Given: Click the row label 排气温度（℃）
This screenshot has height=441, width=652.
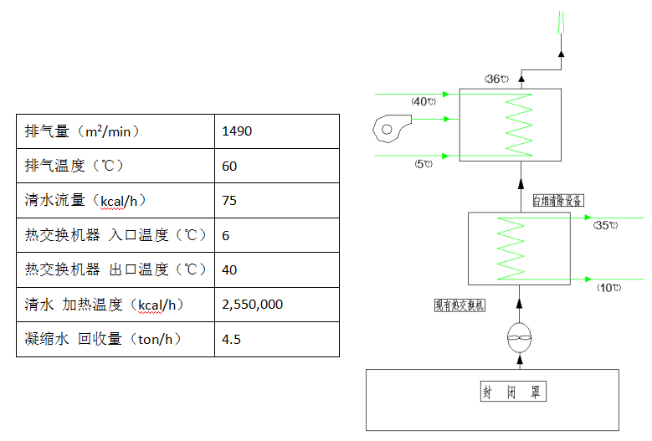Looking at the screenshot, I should click(74, 166).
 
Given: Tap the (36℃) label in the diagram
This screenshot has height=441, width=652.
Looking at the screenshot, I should click(496, 79).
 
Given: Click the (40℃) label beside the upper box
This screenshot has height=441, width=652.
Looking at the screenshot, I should click(424, 101).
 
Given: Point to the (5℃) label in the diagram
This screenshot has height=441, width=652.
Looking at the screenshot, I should click(423, 164).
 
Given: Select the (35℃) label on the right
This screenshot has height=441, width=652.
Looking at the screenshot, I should click(604, 225).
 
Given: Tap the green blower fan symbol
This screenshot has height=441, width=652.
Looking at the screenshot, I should click(389, 127).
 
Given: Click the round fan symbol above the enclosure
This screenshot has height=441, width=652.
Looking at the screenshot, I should click(520, 338).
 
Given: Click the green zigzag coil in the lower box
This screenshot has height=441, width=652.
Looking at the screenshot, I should click(510, 248).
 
